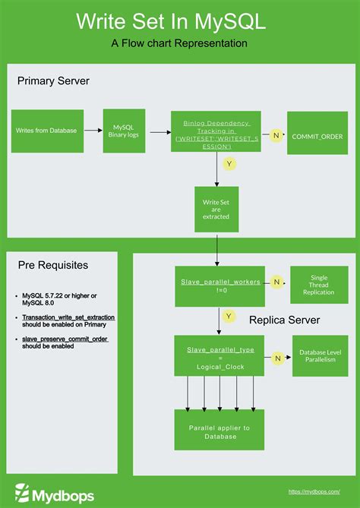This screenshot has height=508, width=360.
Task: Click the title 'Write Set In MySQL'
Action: pyautogui.click(x=179, y=22)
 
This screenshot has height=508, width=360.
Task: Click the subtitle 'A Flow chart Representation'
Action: pyautogui.click(x=179, y=43)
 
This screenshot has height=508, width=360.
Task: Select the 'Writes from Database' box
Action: pyautogui.click(x=47, y=131)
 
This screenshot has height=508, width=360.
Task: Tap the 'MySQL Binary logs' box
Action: pyautogui.click(x=124, y=131)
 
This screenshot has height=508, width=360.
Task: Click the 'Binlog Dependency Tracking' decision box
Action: pyautogui.click(x=216, y=131)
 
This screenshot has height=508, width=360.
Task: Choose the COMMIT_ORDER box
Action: pyautogui.click(x=317, y=135)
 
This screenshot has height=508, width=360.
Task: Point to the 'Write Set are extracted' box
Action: pyautogui.click(x=216, y=209)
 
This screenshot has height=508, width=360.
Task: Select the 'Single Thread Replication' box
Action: pyautogui.click(x=318, y=286)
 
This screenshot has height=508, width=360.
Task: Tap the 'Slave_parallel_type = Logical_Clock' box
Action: pyautogui.click(x=221, y=355)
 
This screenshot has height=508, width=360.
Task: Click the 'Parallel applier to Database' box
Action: pyautogui.click(x=219, y=431)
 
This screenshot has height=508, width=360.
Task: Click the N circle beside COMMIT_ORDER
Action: pyautogui.click(x=276, y=134)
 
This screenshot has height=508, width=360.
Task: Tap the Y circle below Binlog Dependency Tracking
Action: pyautogui.click(x=227, y=163)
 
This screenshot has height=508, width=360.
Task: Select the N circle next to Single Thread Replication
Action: pyautogui.click(x=277, y=282)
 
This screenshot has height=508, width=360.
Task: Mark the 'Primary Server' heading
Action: pyautogui.click(x=54, y=80)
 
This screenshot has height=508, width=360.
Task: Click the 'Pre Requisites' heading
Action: pyautogui.click(x=53, y=265)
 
